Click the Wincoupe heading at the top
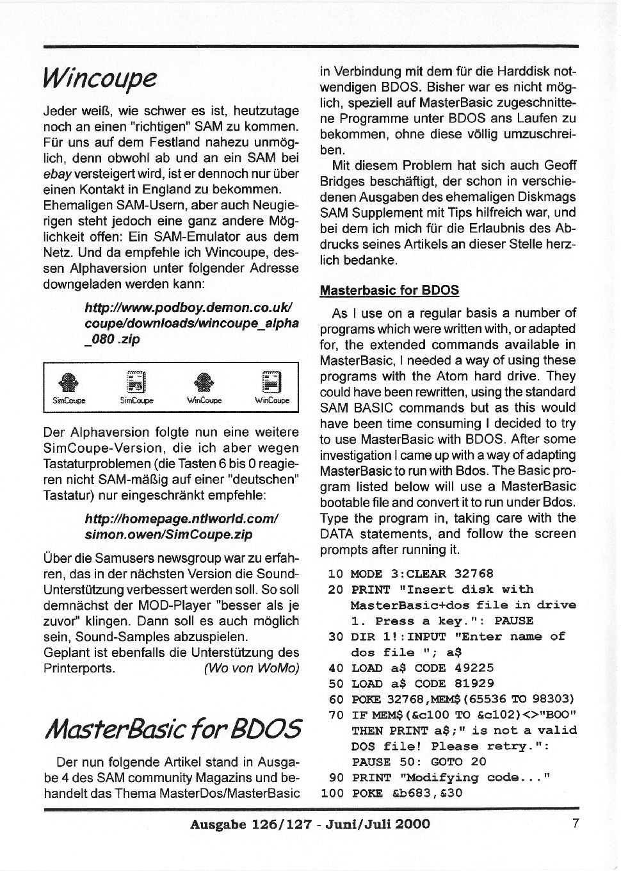(100, 78)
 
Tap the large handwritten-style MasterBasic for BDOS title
(172, 728)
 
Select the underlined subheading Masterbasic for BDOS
(389, 290)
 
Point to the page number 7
(576, 824)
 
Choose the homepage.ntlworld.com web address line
(182, 518)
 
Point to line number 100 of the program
(332, 793)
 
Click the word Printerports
(79, 668)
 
